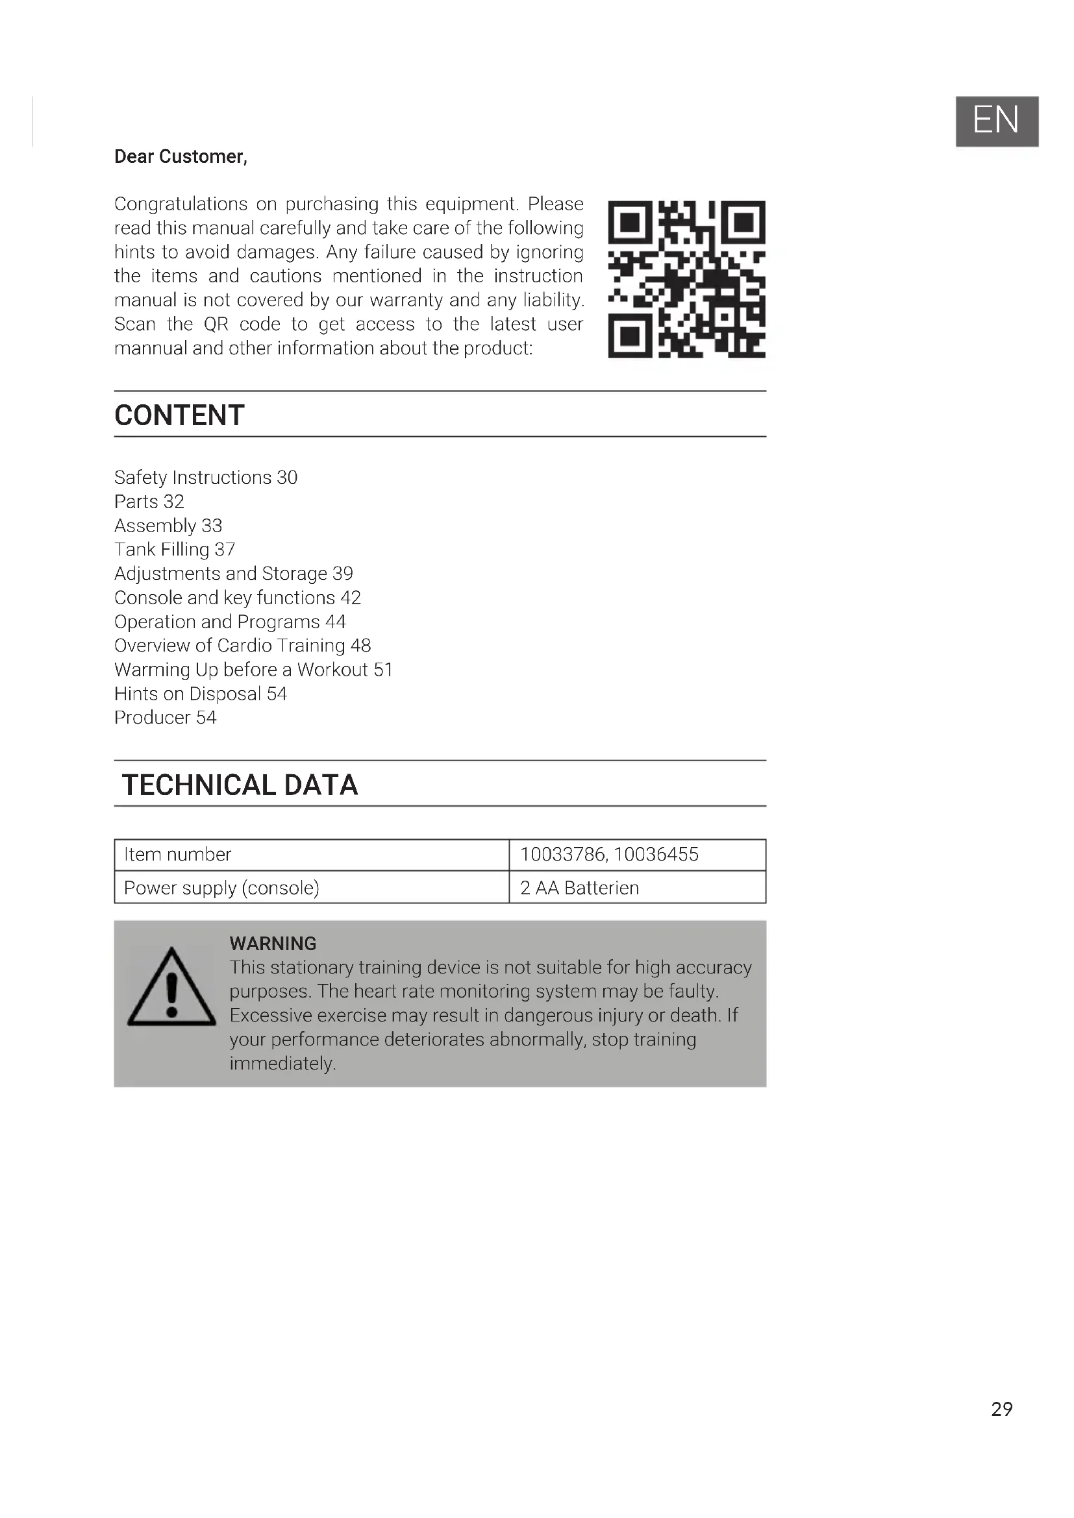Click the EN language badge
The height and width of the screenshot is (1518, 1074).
coord(996,121)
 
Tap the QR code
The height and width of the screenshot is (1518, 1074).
coord(686,279)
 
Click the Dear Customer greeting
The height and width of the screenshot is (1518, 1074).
coord(181,156)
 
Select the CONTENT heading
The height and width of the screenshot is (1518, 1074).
coord(179,415)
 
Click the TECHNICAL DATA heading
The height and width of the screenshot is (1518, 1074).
coord(240,785)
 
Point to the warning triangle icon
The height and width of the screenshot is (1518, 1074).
coord(171,988)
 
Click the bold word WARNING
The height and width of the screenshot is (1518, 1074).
coord(273,943)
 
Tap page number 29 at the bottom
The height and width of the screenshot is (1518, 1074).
coord(1001,1409)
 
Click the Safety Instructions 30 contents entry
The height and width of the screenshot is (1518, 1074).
coord(206,478)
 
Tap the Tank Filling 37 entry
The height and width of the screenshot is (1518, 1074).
coord(175,550)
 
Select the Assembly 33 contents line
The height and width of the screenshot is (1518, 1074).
coord(168,526)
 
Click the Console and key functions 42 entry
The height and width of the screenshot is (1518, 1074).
coord(238,598)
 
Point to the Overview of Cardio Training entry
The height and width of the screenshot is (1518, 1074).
coord(242,645)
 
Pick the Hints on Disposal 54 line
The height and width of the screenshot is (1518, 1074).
coord(201,694)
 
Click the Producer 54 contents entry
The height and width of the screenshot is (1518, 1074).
coord(166,717)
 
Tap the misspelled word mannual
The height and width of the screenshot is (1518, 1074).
coord(150,349)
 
